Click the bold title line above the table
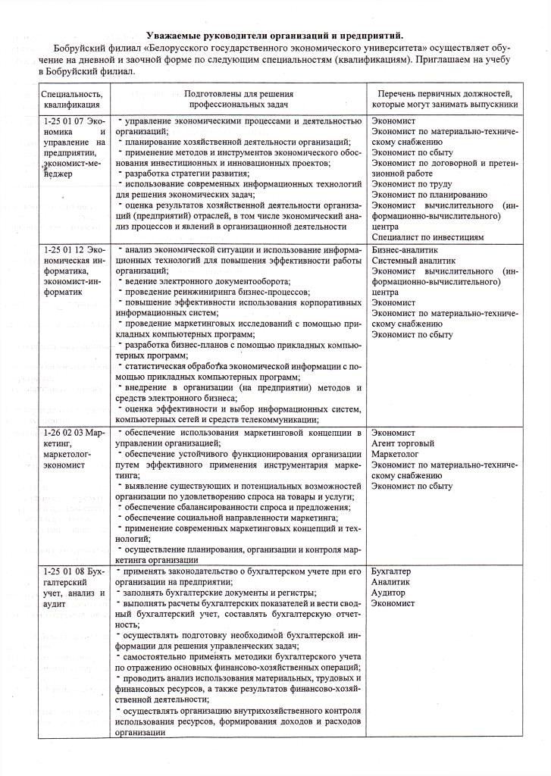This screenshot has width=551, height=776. click(274, 35)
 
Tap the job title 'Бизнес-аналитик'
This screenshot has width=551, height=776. click(405, 249)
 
